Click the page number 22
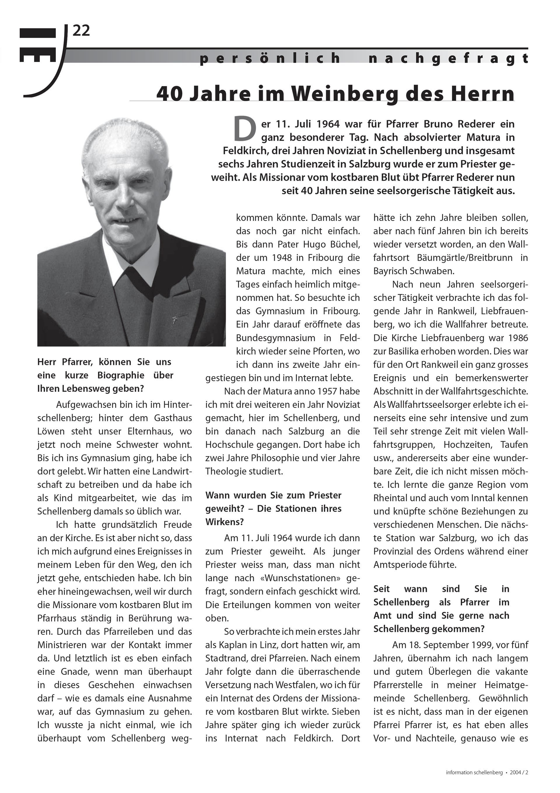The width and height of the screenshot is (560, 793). click(x=81, y=31)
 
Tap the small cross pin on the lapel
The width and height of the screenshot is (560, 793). click(x=175, y=320)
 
